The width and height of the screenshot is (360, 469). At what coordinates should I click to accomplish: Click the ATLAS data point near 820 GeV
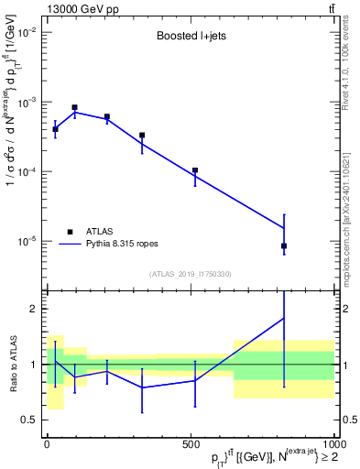[x=284, y=245]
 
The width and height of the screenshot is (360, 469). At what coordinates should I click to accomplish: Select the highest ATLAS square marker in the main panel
[x=74, y=107]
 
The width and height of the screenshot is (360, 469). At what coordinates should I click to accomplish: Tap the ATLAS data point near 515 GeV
[x=195, y=170]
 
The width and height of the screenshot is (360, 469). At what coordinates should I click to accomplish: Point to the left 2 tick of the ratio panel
[x=31, y=309]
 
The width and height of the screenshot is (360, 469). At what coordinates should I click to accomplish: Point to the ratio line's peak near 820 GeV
[x=284, y=318]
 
